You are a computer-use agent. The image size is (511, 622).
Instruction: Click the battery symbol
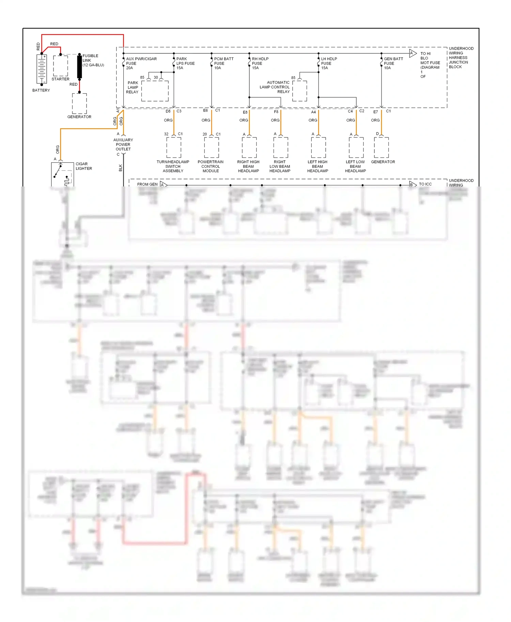point(42,69)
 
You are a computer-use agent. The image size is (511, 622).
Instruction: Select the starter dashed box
point(61,66)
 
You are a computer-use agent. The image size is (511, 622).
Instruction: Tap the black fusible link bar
point(79,67)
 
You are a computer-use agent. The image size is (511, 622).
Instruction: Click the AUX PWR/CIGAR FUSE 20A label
point(141,63)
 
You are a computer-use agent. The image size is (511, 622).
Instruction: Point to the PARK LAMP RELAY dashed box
point(155,91)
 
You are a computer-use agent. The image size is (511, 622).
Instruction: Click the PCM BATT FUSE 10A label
point(223,63)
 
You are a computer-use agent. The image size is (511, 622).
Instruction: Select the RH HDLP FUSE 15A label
point(260,63)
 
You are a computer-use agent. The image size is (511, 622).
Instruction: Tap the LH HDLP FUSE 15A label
point(329,63)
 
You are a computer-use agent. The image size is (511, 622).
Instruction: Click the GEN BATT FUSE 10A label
point(393,63)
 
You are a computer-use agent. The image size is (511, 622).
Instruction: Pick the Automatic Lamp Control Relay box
point(299,91)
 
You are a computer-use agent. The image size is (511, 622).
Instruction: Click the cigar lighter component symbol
point(62,174)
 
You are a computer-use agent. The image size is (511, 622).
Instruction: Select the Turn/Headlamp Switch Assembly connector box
point(174,147)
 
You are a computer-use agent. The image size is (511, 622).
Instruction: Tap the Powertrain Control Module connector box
point(212,147)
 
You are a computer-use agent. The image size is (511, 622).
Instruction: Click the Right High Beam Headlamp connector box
point(249,147)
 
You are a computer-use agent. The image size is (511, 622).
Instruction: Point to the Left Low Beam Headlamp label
point(355,166)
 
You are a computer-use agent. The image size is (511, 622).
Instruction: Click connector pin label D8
point(168,111)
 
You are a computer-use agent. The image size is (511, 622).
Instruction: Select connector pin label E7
point(375,112)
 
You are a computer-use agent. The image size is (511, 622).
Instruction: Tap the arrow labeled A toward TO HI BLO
point(413,53)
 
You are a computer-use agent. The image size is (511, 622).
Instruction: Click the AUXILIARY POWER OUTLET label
point(123,144)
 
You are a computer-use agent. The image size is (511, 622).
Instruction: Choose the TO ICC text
point(425,184)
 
